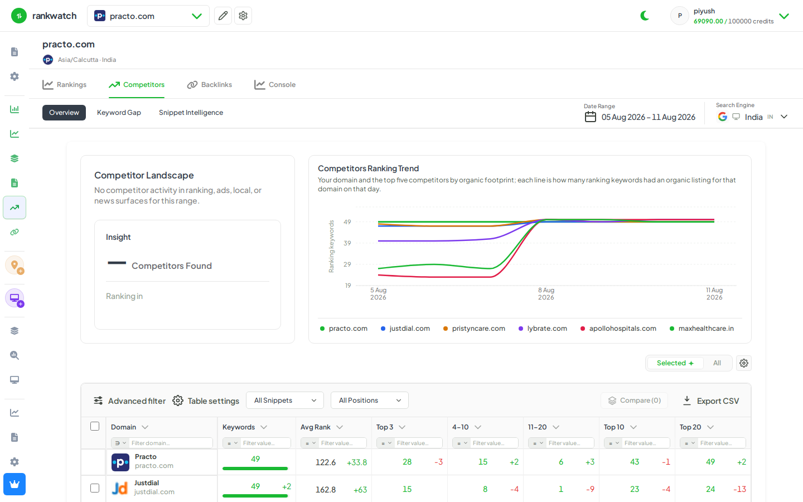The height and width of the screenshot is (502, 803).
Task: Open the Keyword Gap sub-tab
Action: coord(119,113)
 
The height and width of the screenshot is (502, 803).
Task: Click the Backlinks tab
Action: coord(209,85)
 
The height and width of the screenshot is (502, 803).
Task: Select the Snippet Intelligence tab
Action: coord(191,113)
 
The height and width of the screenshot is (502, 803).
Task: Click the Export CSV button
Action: coord(711,401)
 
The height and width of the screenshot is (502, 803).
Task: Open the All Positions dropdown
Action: coord(369,400)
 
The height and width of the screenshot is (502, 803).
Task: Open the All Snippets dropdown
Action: coord(284,400)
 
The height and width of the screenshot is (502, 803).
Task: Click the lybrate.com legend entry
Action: coord(543,329)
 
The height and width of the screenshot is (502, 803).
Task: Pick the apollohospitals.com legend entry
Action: coord(618,329)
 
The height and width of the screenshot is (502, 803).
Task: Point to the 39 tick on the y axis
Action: coord(347,243)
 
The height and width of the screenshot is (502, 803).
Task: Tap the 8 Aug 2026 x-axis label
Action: coord(546,293)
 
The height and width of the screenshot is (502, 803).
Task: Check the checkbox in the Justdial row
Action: coord(95,488)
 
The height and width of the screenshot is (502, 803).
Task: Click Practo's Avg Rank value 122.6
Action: coord(326,462)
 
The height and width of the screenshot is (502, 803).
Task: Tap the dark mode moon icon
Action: coord(645,16)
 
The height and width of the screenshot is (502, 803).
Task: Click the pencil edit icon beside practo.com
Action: coord(223,16)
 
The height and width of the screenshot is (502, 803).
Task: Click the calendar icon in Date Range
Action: coord(590,117)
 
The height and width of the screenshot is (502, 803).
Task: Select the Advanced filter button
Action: coord(129,401)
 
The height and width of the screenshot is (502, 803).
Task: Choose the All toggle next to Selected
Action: coord(717,363)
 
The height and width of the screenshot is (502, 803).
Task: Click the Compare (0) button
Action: coord(634,400)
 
